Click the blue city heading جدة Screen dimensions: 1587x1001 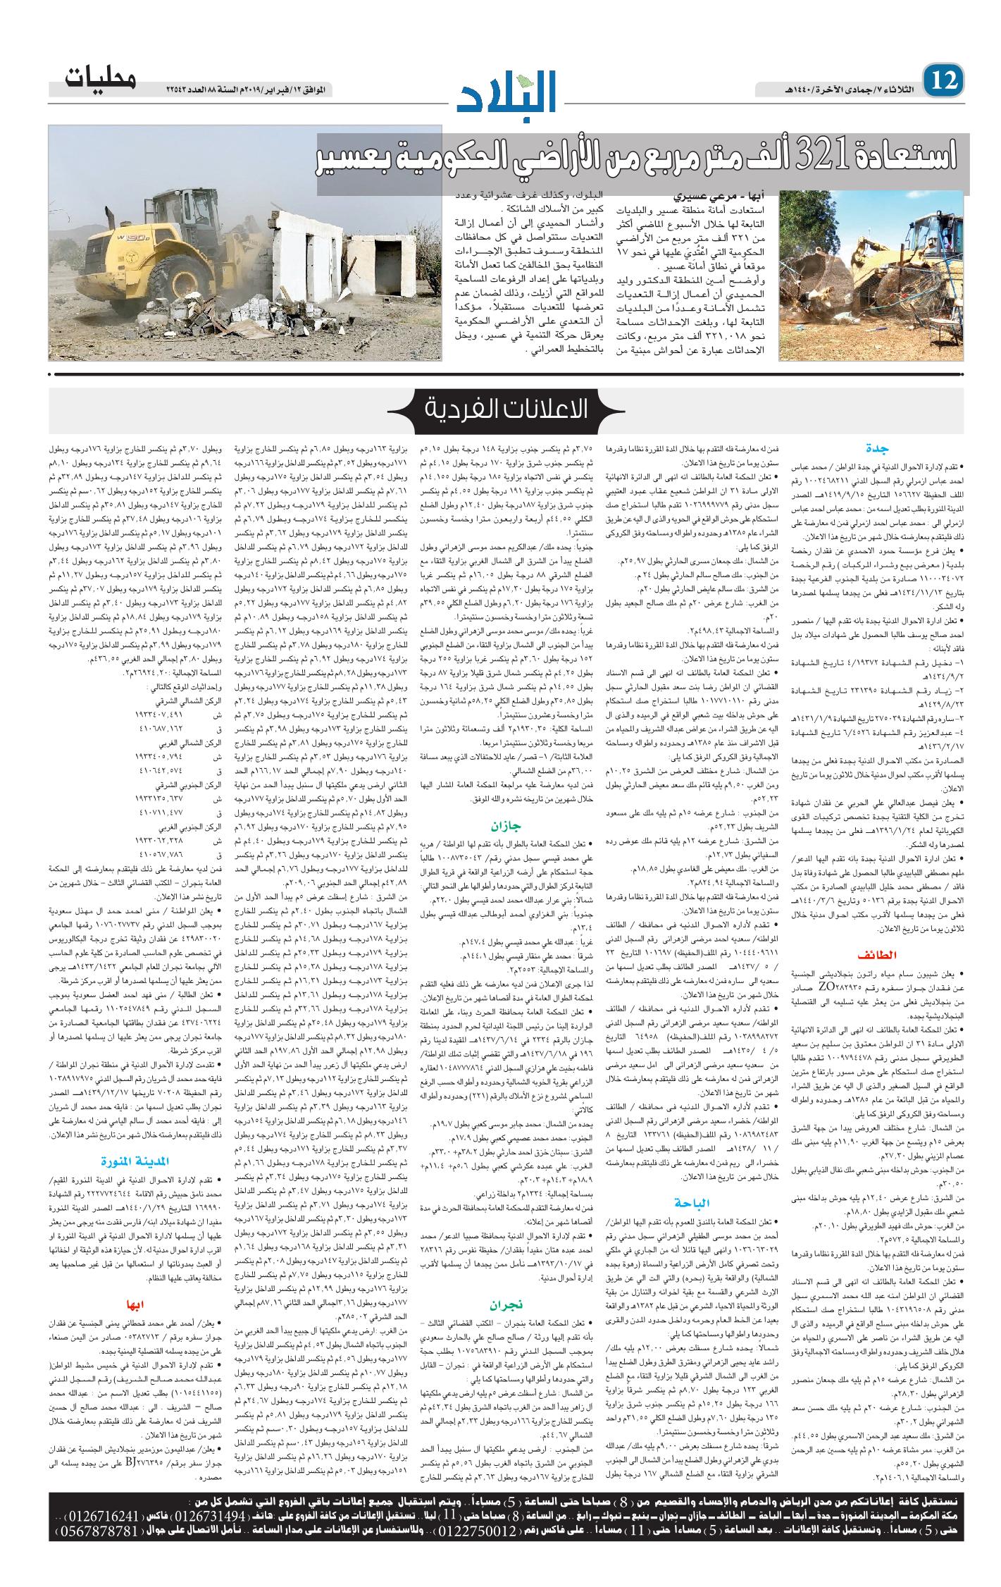tap(879, 447)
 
